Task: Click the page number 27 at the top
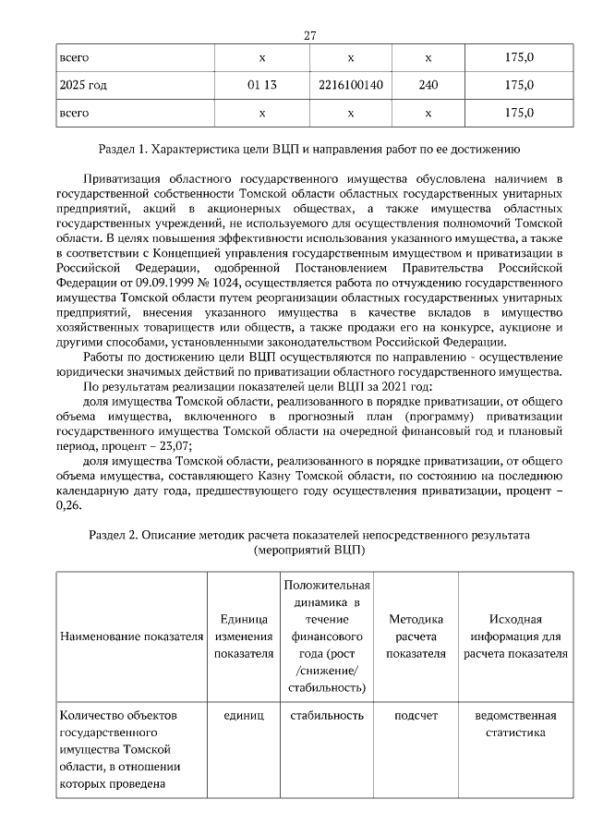(310, 36)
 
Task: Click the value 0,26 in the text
(68, 505)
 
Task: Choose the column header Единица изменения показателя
(244, 636)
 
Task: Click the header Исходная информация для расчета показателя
(515, 636)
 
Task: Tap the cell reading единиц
(244, 715)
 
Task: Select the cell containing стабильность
(326, 715)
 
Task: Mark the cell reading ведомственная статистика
(515, 723)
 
